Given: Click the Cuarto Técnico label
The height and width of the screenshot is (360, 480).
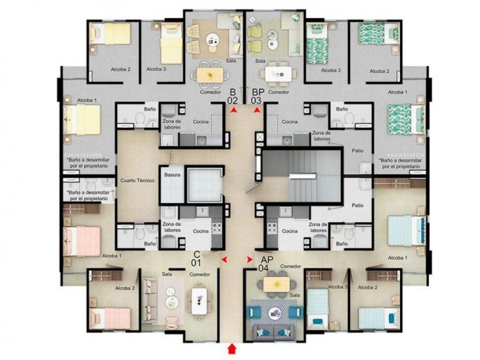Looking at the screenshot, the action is [137, 181].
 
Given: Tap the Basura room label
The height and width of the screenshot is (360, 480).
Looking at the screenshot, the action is [172, 175].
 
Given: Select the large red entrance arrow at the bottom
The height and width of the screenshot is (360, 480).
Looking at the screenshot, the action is [233, 349].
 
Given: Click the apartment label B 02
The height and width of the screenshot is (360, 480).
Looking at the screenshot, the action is [233, 96].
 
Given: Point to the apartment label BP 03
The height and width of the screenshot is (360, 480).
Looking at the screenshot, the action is [258, 96].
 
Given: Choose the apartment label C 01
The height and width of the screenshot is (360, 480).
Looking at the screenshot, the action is [197, 258].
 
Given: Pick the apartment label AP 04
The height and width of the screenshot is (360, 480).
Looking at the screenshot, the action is [265, 264].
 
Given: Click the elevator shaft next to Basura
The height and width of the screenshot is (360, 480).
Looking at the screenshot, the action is [204, 185].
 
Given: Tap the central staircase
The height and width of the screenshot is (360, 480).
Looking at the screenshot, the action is [302, 176].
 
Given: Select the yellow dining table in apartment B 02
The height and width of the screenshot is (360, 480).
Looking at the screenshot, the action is [210, 75].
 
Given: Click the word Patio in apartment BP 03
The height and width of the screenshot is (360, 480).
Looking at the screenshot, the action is [358, 151].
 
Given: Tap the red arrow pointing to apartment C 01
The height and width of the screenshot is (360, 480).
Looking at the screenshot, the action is [225, 259].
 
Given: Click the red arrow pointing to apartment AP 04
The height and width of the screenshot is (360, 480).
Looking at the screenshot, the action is [250, 259].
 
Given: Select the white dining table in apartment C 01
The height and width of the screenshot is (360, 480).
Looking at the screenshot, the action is [199, 301].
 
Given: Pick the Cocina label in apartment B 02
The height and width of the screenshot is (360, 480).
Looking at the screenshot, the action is [201, 122].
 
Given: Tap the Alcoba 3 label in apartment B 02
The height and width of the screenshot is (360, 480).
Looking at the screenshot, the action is [156, 69].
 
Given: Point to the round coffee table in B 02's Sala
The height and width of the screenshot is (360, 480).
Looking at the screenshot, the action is [211, 39].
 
